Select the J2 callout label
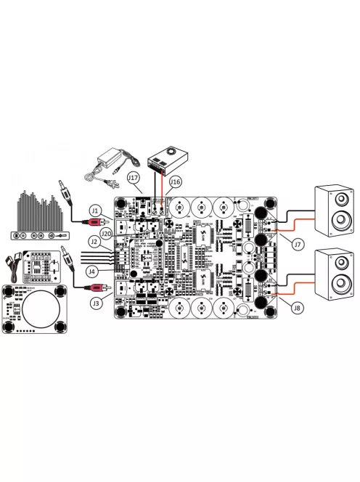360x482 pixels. click(94, 240)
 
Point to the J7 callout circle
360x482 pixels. click(297, 245)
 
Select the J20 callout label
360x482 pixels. click(106, 233)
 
